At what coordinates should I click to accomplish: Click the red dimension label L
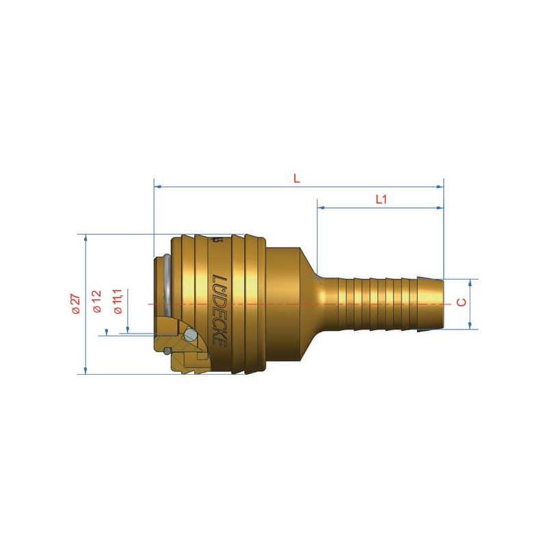[x=297, y=178]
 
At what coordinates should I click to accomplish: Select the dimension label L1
[x=381, y=199]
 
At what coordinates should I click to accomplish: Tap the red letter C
[x=461, y=302]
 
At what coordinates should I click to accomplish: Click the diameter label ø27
[x=76, y=304]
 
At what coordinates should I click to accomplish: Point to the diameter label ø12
[x=96, y=301]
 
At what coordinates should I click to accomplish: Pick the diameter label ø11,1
[x=118, y=302]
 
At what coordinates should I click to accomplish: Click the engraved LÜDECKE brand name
[x=219, y=311]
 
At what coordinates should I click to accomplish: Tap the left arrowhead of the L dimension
[x=158, y=187]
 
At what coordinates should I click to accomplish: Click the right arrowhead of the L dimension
[x=440, y=187]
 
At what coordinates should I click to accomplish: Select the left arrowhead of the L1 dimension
[x=321, y=208]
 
